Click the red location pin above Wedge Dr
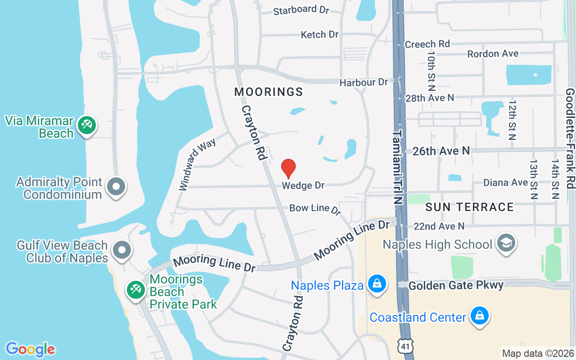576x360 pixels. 288,168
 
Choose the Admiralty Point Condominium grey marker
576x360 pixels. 116,186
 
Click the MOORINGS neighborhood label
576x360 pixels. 269,92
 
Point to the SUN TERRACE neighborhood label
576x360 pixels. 469,207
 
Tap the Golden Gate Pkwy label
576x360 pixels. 456,285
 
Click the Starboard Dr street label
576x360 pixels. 301,10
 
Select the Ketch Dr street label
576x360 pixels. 319,35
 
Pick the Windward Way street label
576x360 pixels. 197,165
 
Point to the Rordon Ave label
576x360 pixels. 493,54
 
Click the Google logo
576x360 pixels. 30,349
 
